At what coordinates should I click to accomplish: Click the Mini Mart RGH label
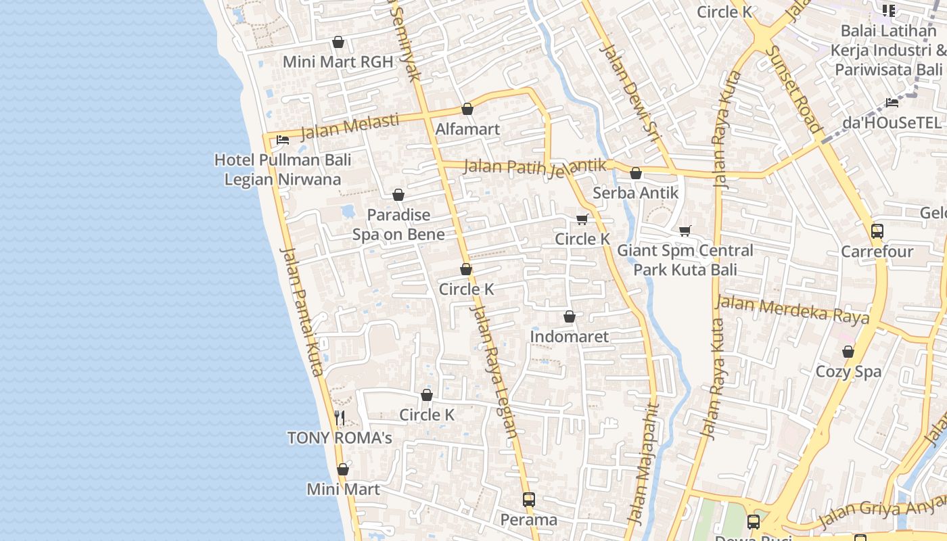pos(338,62)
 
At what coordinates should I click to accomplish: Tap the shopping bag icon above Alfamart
pos(467,109)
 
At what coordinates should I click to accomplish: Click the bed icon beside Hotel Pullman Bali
pos(283,140)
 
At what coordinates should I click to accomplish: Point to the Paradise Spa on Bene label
pos(398,225)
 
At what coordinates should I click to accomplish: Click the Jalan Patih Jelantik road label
pos(534,166)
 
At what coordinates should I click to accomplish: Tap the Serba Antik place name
pos(635,193)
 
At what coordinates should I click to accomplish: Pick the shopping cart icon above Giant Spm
pos(685,231)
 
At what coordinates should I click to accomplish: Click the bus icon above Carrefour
pos(877,231)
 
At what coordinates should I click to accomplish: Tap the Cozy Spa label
pos(848,371)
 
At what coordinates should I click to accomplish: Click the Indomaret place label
pos(569,336)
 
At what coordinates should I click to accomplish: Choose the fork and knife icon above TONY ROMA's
pos(340,417)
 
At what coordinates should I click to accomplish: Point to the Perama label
pos(529,519)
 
